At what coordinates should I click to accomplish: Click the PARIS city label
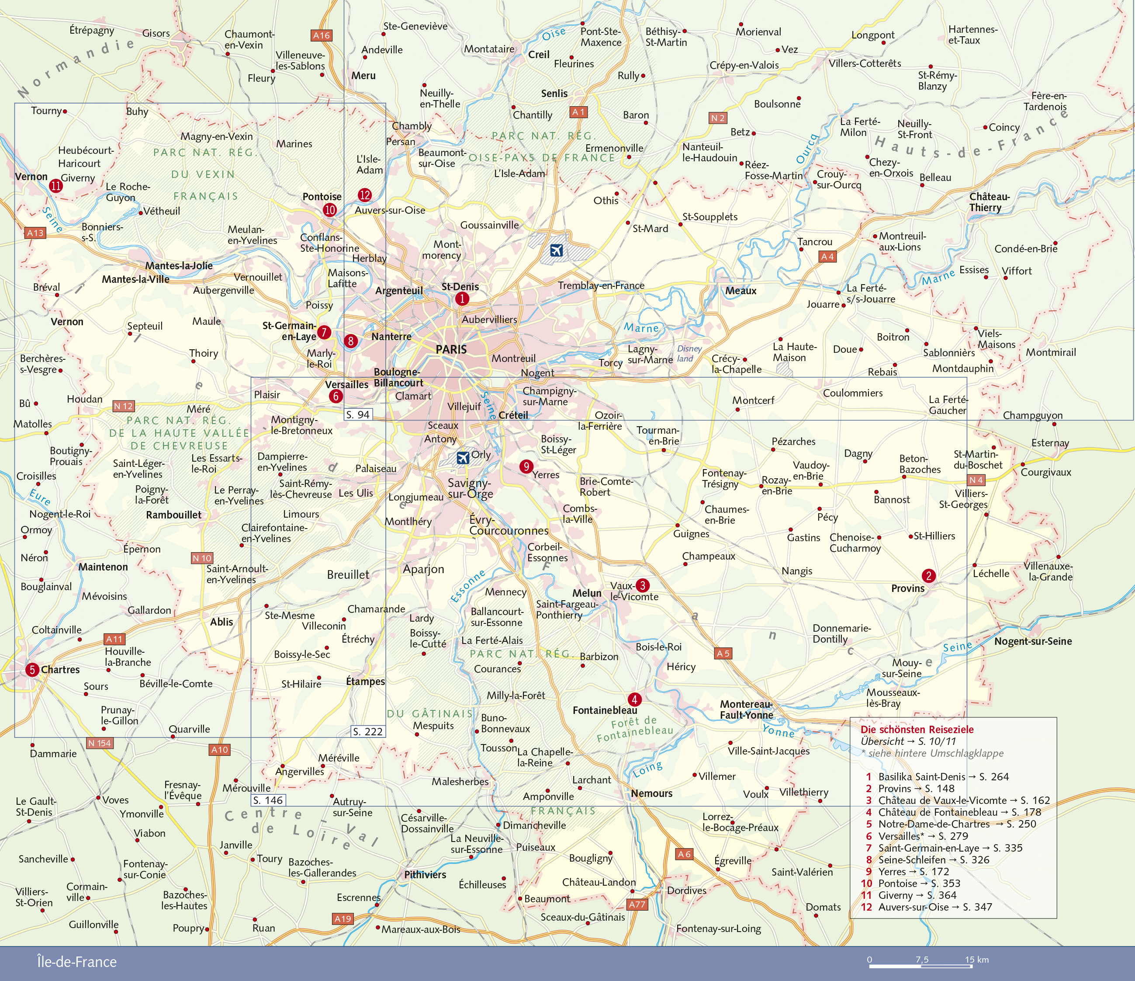(451, 349)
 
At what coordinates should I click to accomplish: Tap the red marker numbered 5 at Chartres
(32, 669)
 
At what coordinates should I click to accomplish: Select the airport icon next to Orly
(463, 457)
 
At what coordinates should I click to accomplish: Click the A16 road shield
(321, 35)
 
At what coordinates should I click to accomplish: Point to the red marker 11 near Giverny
(56, 185)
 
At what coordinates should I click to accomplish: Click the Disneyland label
(689, 354)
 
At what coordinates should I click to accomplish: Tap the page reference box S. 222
(367, 731)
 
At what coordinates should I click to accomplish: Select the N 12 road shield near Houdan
(123, 406)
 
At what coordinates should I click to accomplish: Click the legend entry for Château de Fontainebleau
(938, 812)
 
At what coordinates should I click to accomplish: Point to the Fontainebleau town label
(605, 710)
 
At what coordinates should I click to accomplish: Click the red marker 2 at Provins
(928, 575)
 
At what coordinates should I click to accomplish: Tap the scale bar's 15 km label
(977, 959)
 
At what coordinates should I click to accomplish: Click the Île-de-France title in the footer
(77, 962)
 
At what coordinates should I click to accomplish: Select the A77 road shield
(637, 904)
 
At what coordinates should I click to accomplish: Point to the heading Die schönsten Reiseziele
(917, 730)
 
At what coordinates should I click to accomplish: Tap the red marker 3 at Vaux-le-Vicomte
(643, 585)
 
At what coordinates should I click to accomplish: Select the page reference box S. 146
(268, 800)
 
